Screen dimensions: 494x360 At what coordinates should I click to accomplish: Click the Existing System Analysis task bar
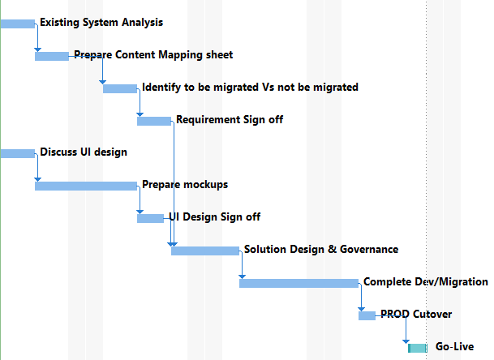17,24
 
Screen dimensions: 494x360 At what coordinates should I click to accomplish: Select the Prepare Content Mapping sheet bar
52,57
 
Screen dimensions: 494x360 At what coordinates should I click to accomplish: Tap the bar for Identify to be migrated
120,89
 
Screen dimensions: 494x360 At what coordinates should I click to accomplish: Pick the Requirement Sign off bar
154,122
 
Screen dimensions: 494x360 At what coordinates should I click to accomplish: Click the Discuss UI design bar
17,154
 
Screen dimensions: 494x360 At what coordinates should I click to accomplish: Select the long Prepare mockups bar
86,186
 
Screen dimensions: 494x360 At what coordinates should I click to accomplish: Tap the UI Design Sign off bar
150,219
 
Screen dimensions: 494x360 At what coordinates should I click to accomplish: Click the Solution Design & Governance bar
205,251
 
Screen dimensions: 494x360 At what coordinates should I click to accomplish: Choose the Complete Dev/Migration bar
299,284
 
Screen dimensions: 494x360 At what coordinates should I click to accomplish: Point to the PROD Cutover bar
367,316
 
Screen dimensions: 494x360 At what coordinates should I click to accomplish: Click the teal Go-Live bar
418,349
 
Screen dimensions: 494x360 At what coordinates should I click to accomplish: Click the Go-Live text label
454,347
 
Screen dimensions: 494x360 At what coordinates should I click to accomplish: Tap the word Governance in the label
369,250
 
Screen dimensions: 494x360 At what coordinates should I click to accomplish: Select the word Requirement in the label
208,120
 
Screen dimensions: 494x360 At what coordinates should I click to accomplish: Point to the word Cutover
432,315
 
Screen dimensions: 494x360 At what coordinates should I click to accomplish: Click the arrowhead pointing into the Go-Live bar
406,341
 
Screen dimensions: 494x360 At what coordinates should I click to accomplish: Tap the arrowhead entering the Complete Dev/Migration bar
242,276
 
